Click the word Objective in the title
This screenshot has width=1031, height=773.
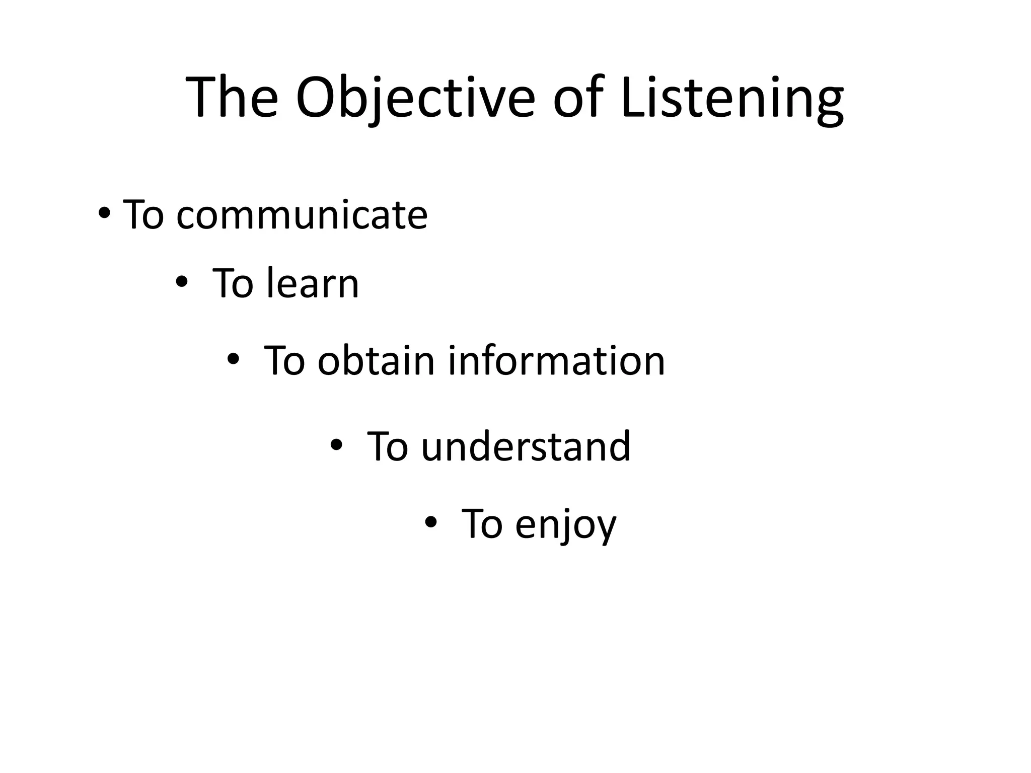(x=415, y=98)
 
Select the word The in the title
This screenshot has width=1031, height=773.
(x=232, y=98)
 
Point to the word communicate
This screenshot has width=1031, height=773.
(x=302, y=215)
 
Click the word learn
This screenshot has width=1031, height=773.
(x=313, y=283)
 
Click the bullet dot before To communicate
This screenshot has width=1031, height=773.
(x=104, y=213)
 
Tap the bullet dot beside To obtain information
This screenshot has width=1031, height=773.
(x=233, y=359)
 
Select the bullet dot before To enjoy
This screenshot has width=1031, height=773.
(x=430, y=523)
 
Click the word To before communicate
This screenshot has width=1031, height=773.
(x=144, y=215)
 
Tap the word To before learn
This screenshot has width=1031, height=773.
(x=234, y=283)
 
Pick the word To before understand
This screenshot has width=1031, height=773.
(x=388, y=446)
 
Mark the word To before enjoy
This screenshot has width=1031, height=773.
(x=483, y=524)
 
